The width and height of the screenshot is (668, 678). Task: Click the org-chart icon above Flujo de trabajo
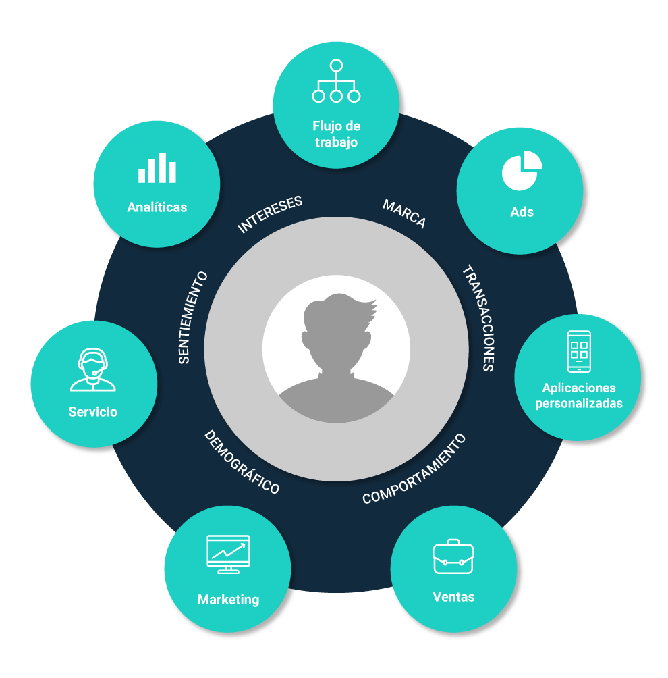pos(336,82)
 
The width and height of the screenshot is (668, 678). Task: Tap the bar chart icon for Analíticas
pos(157,168)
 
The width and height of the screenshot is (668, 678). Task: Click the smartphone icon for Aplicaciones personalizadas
pos(579,351)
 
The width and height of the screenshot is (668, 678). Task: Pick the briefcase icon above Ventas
pos(453,556)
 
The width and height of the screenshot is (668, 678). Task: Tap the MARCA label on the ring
pos(404,214)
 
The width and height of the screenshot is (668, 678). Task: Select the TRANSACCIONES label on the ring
pos(478,318)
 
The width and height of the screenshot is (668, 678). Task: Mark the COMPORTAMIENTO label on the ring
pos(414,469)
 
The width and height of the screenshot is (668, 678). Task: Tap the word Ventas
pos(453,597)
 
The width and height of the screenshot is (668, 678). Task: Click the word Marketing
pos(228,600)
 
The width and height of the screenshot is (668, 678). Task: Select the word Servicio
pos(93,411)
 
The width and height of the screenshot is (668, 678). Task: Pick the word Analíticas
pos(157,207)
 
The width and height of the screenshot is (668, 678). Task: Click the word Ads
pos(522,212)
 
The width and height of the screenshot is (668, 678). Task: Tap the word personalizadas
pos(579,404)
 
